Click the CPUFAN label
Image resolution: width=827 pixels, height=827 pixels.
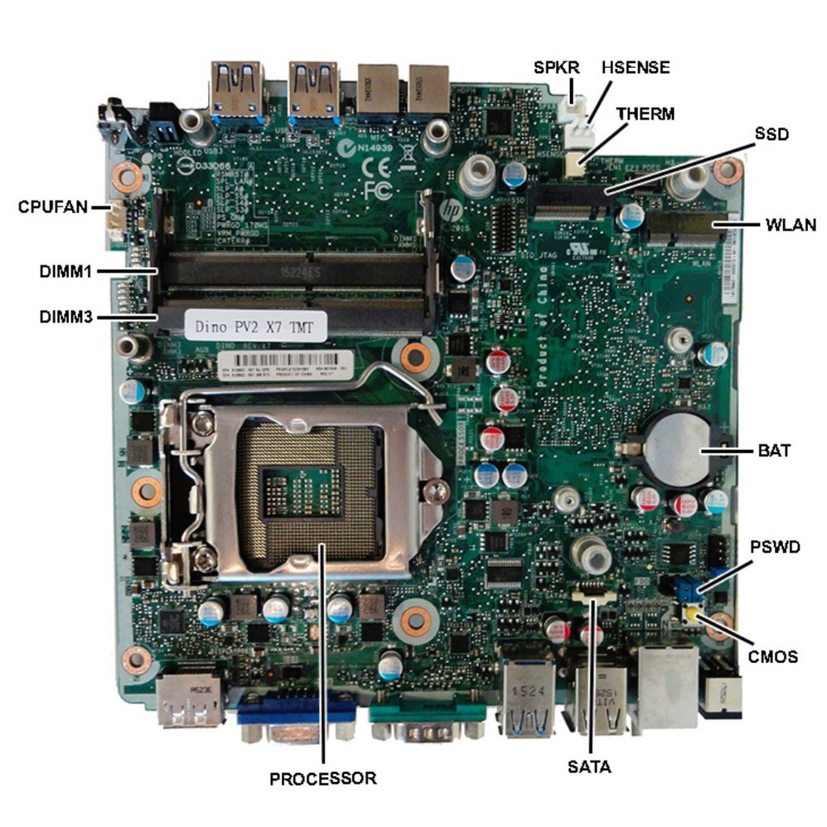click(53, 206)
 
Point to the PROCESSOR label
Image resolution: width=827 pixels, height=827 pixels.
click(322, 778)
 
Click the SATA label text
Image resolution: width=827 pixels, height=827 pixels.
click(589, 767)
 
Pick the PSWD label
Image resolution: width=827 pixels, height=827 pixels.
click(775, 548)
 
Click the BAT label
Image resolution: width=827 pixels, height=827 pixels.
click(773, 451)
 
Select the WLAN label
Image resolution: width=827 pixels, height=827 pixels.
click(791, 225)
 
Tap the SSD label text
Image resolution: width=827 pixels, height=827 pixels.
click(771, 133)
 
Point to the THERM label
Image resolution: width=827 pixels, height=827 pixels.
click(646, 114)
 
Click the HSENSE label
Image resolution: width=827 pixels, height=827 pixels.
click(636, 68)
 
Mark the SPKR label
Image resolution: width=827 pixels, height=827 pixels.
click(556, 68)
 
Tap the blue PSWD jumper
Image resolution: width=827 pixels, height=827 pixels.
click(686, 590)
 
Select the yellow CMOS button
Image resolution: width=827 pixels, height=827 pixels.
click(691, 616)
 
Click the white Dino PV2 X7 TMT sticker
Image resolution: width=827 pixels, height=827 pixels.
click(255, 326)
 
